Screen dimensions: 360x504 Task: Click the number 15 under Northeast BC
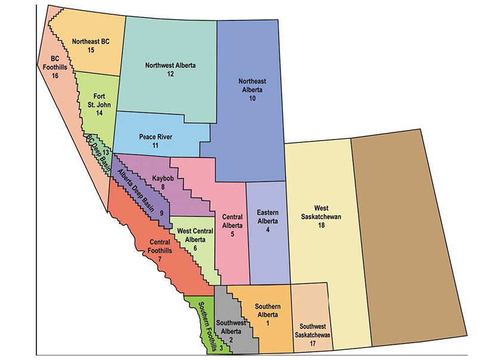91,50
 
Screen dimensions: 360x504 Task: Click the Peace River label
155,136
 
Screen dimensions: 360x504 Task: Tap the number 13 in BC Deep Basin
106,153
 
